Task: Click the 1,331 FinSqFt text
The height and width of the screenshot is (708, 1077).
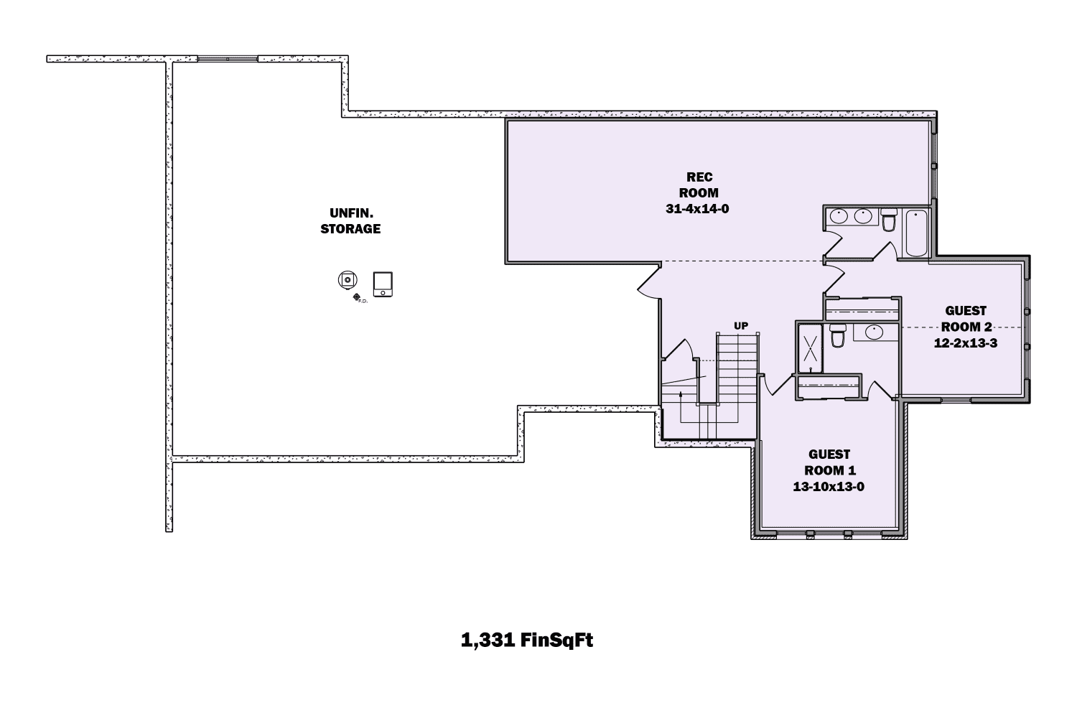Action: click(x=526, y=641)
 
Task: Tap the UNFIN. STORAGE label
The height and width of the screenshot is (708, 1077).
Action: click(x=350, y=220)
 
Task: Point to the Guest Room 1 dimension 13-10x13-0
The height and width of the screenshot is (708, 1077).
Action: click(x=829, y=486)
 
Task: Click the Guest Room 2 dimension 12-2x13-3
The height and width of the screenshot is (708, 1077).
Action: click(x=965, y=343)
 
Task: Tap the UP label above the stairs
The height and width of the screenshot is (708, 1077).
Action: click(x=741, y=326)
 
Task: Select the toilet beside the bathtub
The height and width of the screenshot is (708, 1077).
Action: click(x=889, y=220)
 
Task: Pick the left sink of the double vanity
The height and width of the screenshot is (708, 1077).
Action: click(x=838, y=216)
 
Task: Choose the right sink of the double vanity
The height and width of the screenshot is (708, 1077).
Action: click(x=862, y=216)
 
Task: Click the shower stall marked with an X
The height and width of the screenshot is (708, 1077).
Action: click(x=811, y=348)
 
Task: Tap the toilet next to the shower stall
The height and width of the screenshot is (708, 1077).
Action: click(x=837, y=336)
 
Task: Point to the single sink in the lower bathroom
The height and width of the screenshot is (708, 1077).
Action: click(x=874, y=332)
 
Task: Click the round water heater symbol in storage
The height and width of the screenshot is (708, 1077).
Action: click(x=348, y=280)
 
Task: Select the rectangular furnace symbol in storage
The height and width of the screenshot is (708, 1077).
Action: click(x=383, y=284)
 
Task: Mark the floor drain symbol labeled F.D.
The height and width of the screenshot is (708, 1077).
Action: click(x=356, y=297)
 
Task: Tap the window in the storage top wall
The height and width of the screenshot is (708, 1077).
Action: click(x=227, y=59)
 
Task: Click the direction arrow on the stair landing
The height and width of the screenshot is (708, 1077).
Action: click(x=686, y=378)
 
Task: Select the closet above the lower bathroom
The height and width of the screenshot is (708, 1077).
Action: click(x=862, y=309)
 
